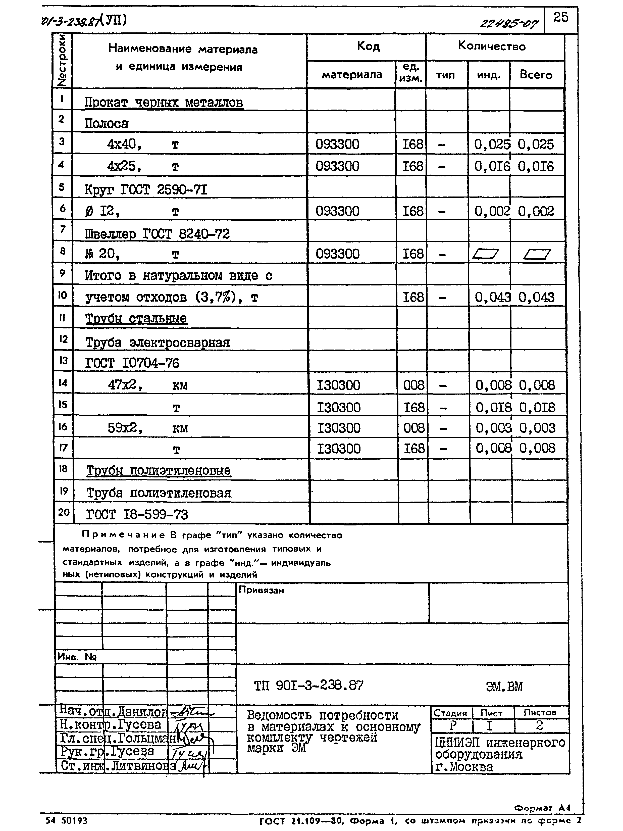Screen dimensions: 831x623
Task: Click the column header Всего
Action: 536,75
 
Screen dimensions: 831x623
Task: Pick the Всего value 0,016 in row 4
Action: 536,166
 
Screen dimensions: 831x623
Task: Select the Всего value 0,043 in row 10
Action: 536,298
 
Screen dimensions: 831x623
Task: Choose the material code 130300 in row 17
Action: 338,449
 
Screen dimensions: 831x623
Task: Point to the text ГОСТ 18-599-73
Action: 137,514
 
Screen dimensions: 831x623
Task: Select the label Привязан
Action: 261,590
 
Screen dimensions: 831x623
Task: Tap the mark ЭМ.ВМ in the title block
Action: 504,687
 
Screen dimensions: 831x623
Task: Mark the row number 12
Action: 63,339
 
